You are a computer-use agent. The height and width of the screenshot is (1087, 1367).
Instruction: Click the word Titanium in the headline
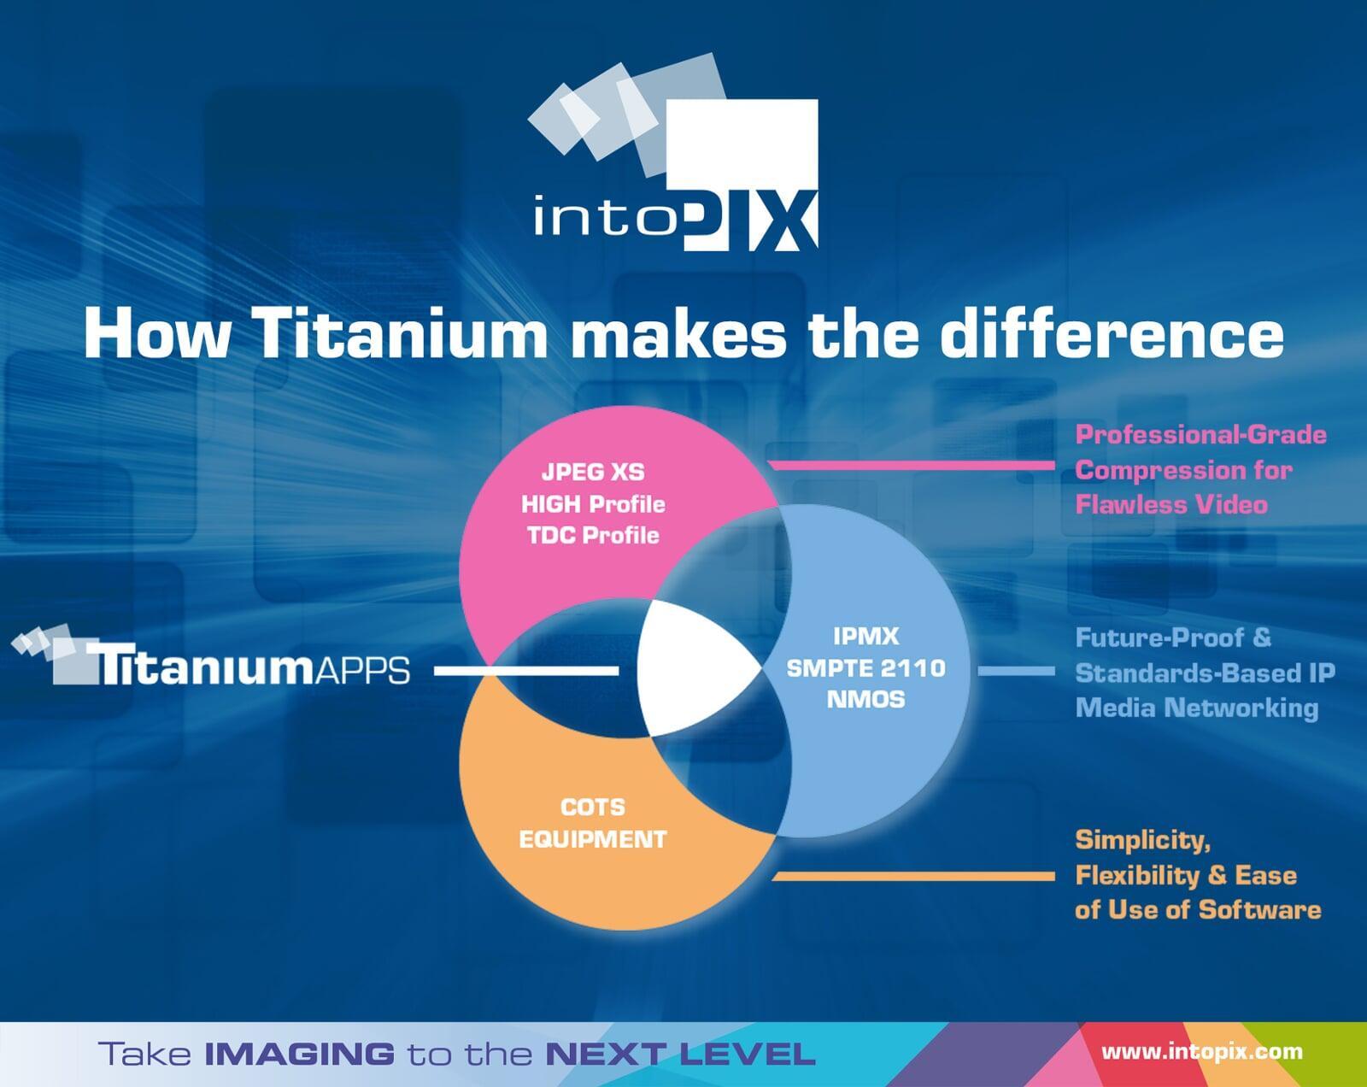tap(402, 333)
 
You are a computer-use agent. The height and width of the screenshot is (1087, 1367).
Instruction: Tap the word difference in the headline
tap(1112, 333)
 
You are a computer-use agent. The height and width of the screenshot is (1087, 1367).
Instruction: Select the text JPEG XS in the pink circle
tap(593, 472)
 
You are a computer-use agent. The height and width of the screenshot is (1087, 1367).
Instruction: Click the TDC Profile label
tap(593, 535)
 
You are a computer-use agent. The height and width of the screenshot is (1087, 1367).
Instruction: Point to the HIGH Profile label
tap(593, 504)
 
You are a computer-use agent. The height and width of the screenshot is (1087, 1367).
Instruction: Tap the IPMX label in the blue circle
tap(865, 636)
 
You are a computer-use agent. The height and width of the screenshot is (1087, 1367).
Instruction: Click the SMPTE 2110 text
tap(865, 667)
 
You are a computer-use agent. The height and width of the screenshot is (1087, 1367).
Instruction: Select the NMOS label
tap(865, 700)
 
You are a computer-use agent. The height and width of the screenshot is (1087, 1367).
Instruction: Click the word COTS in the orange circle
tap(593, 807)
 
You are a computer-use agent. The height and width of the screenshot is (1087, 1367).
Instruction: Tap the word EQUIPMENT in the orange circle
tap(593, 839)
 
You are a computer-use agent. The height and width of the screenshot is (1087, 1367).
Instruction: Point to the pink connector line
tap(912, 466)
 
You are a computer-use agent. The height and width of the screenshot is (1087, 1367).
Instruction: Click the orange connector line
tap(913, 877)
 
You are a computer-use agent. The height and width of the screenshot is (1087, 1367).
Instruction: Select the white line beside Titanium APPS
tap(526, 671)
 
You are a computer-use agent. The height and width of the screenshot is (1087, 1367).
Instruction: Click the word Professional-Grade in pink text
tap(1200, 435)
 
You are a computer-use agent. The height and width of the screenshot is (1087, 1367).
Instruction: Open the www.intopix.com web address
tap(1202, 1052)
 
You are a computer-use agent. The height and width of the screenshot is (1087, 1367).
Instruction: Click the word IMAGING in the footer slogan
tap(299, 1054)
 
